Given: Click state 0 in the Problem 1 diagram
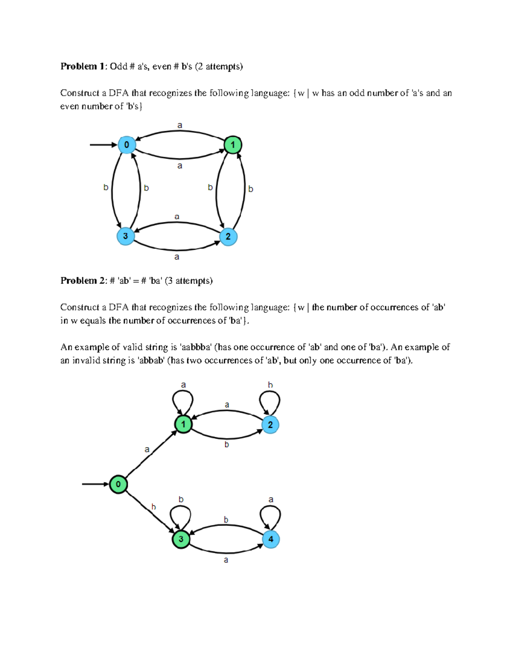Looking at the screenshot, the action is click(127, 145).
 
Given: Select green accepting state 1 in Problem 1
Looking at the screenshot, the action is click(233, 145).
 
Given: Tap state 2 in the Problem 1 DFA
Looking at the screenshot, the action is click(228, 236).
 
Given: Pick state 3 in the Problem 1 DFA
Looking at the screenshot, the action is click(126, 236).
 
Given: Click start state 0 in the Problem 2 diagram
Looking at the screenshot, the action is click(118, 484).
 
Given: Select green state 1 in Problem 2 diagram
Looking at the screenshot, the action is click(183, 424).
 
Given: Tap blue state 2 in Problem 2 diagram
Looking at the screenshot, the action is click(270, 425).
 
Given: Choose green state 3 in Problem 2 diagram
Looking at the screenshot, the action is click(181, 539).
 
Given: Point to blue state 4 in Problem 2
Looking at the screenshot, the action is click(271, 539).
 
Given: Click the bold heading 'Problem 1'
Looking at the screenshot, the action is click(83, 66).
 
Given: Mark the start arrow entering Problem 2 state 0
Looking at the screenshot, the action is click(95, 484).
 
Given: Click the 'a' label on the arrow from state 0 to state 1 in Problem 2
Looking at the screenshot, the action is click(147, 449).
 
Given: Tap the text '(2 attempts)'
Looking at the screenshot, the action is click(219, 66).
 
